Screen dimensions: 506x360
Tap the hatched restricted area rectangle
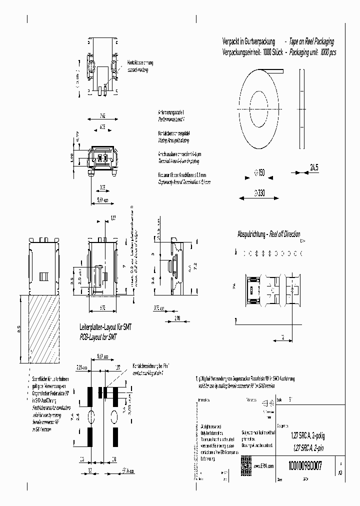click(39, 329)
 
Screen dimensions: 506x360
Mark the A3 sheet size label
click(340, 472)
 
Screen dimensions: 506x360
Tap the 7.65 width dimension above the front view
click(101, 113)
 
